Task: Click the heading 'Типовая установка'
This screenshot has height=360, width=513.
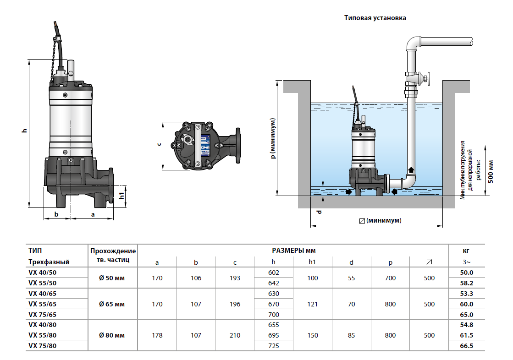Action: pyautogui.click(x=375, y=18)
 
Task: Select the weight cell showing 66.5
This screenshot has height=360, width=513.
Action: pyautogui.click(x=466, y=346)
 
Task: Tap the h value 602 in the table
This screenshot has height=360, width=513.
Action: pyautogui.click(x=273, y=273)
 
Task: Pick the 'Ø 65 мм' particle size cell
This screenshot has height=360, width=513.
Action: pyautogui.click(x=112, y=304)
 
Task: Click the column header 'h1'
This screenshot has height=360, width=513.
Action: pyautogui.click(x=312, y=262)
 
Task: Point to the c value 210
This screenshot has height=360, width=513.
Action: pyautogui.click(x=235, y=335)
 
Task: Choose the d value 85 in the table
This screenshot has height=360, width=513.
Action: pyautogui.click(x=351, y=335)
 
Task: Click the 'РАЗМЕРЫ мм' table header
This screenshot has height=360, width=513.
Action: pyautogui.click(x=293, y=251)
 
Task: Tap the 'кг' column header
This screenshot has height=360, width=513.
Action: pyautogui.click(x=466, y=251)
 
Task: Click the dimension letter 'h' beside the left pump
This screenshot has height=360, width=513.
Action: pyautogui.click(x=25, y=131)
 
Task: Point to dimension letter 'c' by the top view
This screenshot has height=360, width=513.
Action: pyautogui.click(x=159, y=144)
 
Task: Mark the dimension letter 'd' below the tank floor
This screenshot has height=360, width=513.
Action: pyautogui.click(x=319, y=212)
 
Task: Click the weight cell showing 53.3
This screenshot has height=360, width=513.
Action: pyautogui.click(x=466, y=294)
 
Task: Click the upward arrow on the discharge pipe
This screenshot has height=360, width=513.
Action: pyautogui.click(x=411, y=170)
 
